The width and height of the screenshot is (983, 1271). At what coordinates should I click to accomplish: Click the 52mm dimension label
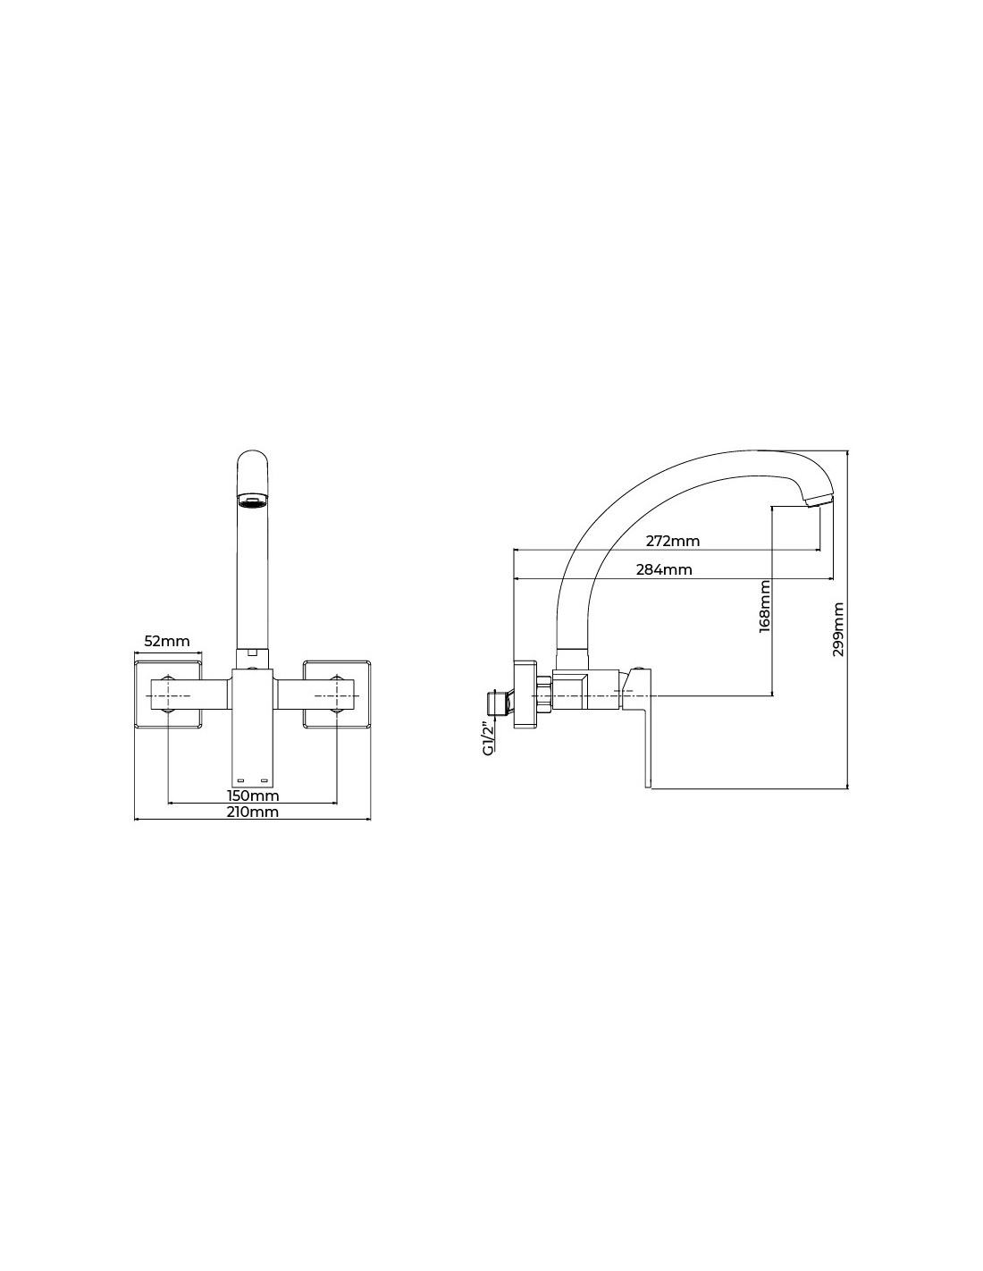click(x=167, y=641)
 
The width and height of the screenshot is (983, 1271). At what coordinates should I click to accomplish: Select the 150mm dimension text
click(x=253, y=795)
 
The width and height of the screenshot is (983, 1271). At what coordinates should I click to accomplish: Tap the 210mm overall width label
click(x=253, y=812)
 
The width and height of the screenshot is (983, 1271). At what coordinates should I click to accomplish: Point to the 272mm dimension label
click(x=673, y=541)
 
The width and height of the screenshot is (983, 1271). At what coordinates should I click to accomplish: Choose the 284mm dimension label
click(x=664, y=569)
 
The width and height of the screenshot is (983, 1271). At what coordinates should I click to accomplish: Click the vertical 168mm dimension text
click(x=765, y=606)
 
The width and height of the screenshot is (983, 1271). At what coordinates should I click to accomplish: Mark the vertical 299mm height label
click(x=839, y=629)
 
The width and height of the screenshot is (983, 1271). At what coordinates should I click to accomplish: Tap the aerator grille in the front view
click(x=252, y=501)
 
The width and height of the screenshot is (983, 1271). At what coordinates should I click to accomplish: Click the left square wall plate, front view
click(x=168, y=694)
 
